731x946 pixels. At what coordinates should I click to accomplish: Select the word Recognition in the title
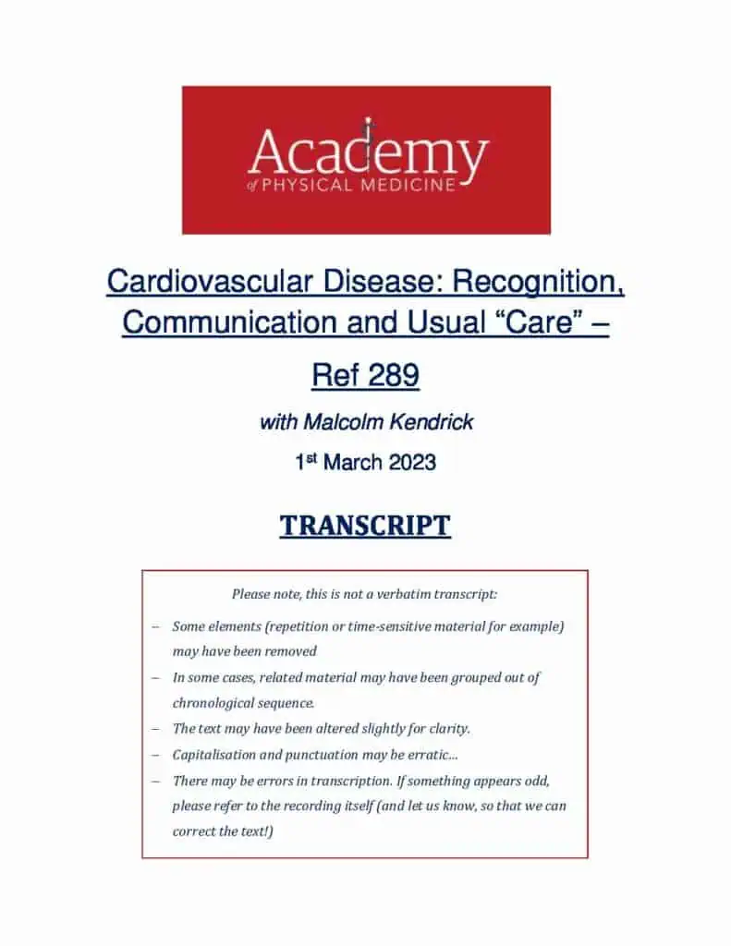click(x=537, y=283)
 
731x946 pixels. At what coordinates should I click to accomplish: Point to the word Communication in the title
click(x=230, y=321)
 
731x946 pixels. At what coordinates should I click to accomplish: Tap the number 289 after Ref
click(x=393, y=375)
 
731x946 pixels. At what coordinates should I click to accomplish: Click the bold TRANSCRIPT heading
click(x=365, y=526)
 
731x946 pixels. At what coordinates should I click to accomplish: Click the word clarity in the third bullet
click(x=449, y=729)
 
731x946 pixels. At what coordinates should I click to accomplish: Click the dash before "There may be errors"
click(x=156, y=782)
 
